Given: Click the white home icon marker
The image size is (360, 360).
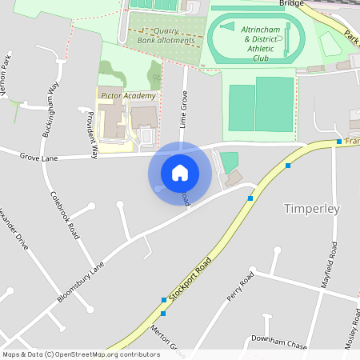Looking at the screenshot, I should tap(180, 173).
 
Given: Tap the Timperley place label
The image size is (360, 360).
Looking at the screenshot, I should tap(312, 209).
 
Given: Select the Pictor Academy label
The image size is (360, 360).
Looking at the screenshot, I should tap(128, 95).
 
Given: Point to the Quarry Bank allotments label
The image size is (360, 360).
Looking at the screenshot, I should tap(166, 36).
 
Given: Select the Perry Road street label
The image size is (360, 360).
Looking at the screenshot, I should tap(240, 286).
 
